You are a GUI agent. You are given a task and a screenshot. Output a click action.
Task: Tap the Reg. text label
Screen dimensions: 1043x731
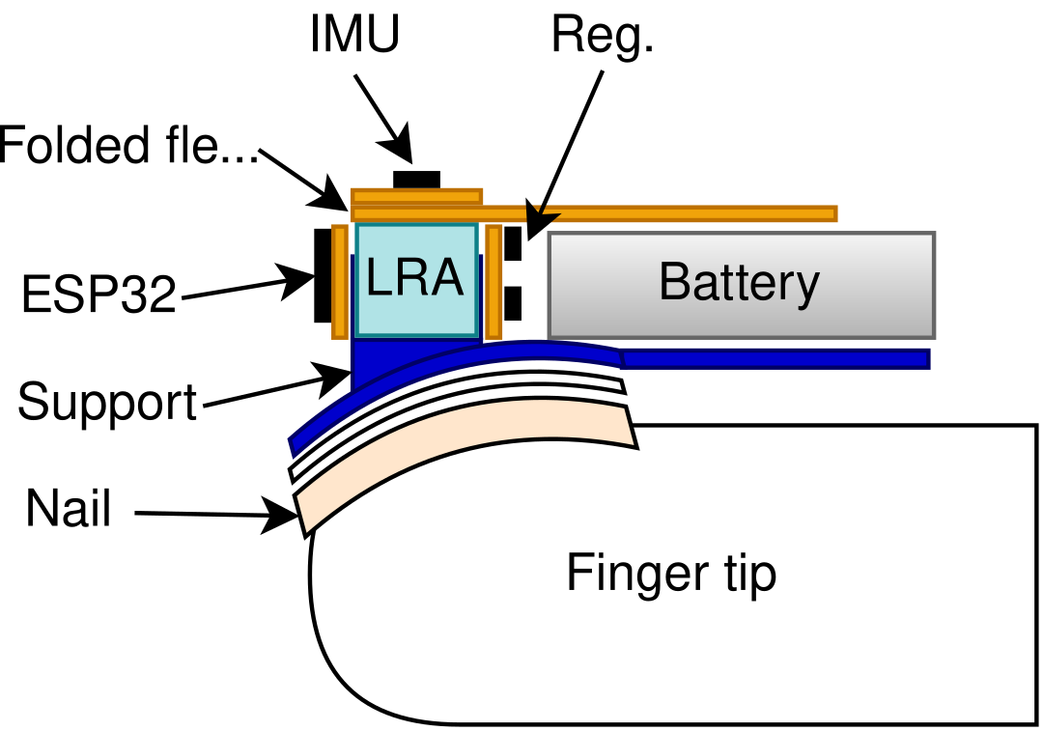(x=603, y=36)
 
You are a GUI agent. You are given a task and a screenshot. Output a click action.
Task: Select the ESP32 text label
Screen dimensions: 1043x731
(x=99, y=294)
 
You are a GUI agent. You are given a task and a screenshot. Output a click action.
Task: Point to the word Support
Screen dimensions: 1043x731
(x=107, y=403)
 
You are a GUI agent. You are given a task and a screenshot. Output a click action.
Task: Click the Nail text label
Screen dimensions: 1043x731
(x=68, y=508)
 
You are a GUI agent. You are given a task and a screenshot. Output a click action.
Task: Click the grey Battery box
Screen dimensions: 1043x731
(x=742, y=285)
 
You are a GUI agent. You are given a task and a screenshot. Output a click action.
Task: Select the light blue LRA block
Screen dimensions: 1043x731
(x=416, y=280)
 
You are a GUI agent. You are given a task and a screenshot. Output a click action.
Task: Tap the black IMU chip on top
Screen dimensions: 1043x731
(x=416, y=180)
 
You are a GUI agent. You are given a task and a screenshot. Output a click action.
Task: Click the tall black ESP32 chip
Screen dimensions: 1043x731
(x=323, y=275)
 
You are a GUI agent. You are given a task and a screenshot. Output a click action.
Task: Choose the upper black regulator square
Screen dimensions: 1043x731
(x=513, y=243)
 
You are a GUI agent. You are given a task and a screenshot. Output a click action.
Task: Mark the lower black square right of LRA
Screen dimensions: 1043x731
(x=513, y=303)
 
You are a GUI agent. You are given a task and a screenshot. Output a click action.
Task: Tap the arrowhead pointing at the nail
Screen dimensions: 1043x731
(x=279, y=515)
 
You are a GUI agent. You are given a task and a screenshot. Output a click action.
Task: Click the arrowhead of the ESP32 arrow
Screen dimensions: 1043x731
(x=295, y=282)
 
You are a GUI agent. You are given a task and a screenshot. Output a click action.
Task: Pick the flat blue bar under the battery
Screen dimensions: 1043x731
(x=775, y=358)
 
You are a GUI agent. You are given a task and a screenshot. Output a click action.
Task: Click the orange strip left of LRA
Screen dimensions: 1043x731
(x=339, y=282)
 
